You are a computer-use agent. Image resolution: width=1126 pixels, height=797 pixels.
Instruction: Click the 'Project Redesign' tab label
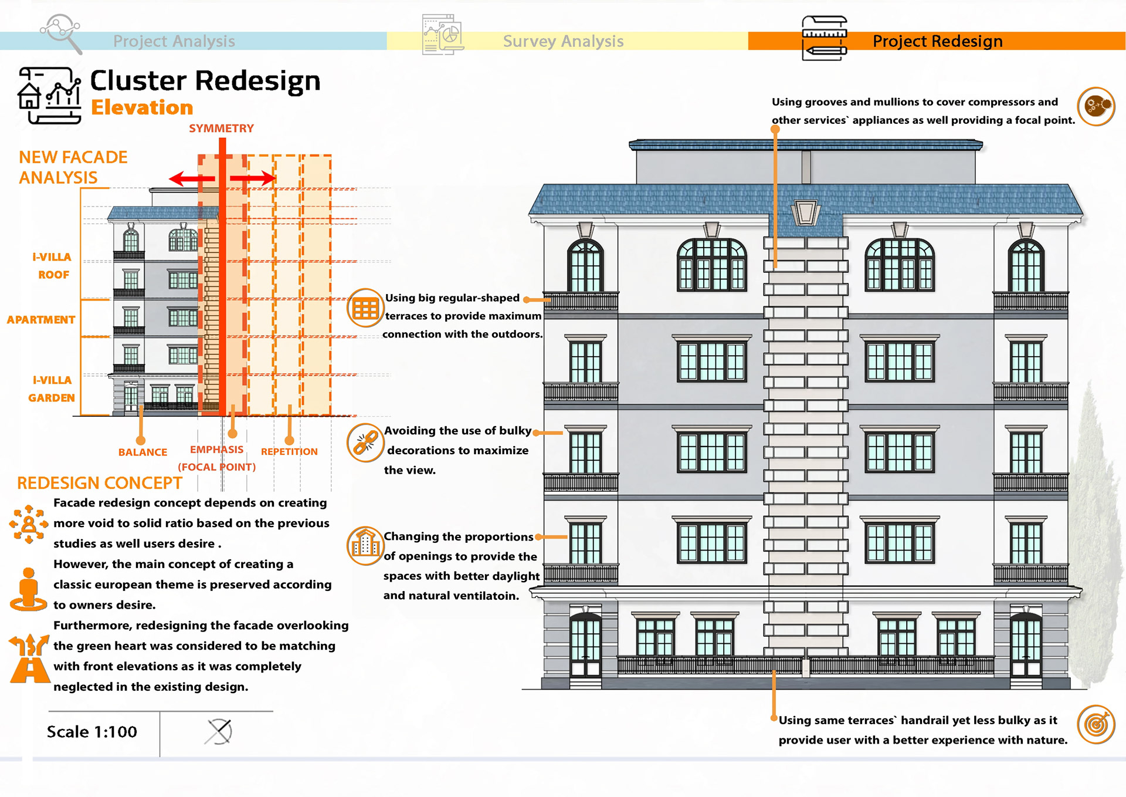[x=937, y=41]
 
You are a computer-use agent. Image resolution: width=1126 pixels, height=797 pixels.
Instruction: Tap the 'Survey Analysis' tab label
[x=563, y=41]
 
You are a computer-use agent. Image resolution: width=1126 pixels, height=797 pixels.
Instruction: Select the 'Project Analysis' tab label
[x=174, y=41]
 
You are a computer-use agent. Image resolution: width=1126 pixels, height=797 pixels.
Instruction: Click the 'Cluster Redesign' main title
[x=205, y=81]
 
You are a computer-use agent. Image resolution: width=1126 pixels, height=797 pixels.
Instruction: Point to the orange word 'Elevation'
[x=142, y=107]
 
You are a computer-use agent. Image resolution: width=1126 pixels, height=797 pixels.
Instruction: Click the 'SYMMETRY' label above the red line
[x=221, y=129]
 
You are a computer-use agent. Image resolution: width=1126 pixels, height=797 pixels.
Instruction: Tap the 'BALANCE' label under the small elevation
[x=143, y=452]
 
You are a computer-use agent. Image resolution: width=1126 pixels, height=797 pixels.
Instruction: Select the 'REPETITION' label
[x=289, y=451]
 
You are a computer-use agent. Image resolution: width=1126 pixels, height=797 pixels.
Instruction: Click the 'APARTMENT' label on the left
[x=41, y=320]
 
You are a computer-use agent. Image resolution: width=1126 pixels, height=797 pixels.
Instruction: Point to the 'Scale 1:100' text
[x=92, y=732]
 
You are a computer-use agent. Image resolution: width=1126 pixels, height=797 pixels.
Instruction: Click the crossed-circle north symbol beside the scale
[x=219, y=732]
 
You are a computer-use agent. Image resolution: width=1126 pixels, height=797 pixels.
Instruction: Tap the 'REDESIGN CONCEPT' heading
[x=100, y=483]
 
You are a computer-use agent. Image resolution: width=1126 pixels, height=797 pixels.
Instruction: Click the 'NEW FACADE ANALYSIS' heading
[x=73, y=167]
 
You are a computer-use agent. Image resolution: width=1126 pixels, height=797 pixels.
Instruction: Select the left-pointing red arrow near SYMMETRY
[x=184, y=178]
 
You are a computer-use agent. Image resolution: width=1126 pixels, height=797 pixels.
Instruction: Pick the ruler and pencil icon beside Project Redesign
[x=824, y=38]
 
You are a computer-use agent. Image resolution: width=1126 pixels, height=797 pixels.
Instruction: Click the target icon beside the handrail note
[x=1096, y=724]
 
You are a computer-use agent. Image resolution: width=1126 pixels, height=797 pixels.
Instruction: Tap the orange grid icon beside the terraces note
[x=365, y=308]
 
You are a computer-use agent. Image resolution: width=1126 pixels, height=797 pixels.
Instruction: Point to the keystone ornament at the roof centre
[x=805, y=212]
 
